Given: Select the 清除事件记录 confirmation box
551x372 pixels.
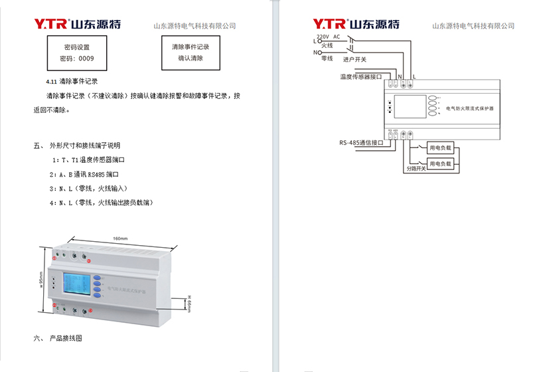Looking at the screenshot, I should [x=191, y=52].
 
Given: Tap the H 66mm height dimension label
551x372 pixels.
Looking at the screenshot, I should [x=189, y=304].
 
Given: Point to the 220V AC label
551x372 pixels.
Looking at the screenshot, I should [x=327, y=36].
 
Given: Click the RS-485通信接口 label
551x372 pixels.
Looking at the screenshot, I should [x=361, y=142].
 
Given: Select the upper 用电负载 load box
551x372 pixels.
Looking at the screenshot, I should [x=440, y=148].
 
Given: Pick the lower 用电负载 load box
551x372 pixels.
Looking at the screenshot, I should [x=440, y=163].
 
